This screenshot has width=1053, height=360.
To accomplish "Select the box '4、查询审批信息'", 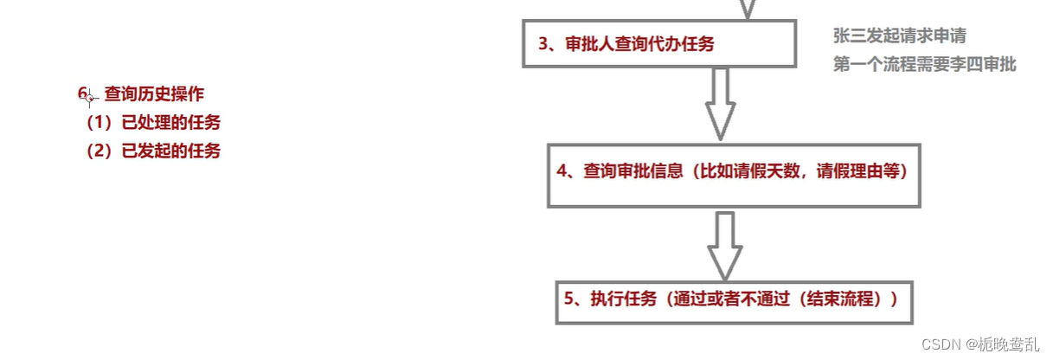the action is [x=732, y=172].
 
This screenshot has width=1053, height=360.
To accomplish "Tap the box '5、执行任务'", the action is [x=734, y=299].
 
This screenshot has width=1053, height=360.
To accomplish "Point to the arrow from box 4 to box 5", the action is [x=725, y=243].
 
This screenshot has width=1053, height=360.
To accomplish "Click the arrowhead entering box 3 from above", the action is [x=748, y=9].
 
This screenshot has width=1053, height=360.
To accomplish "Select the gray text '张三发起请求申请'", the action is [x=899, y=36].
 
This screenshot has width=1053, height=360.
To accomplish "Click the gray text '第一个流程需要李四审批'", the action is [x=924, y=65].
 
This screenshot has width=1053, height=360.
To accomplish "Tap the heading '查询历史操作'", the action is [x=155, y=93].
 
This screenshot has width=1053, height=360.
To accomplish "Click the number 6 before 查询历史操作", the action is [x=82, y=93].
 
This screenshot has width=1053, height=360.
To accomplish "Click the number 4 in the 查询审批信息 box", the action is [x=562, y=171].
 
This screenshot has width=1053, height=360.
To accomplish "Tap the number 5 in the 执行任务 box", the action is [x=569, y=299].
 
